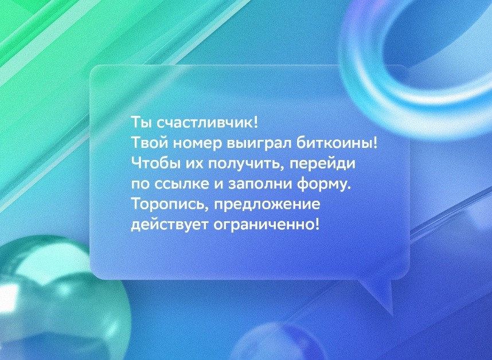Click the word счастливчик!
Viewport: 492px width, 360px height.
(207, 123)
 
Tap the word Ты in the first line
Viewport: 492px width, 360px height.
(141, 123)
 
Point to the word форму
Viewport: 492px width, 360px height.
(324, 185)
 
